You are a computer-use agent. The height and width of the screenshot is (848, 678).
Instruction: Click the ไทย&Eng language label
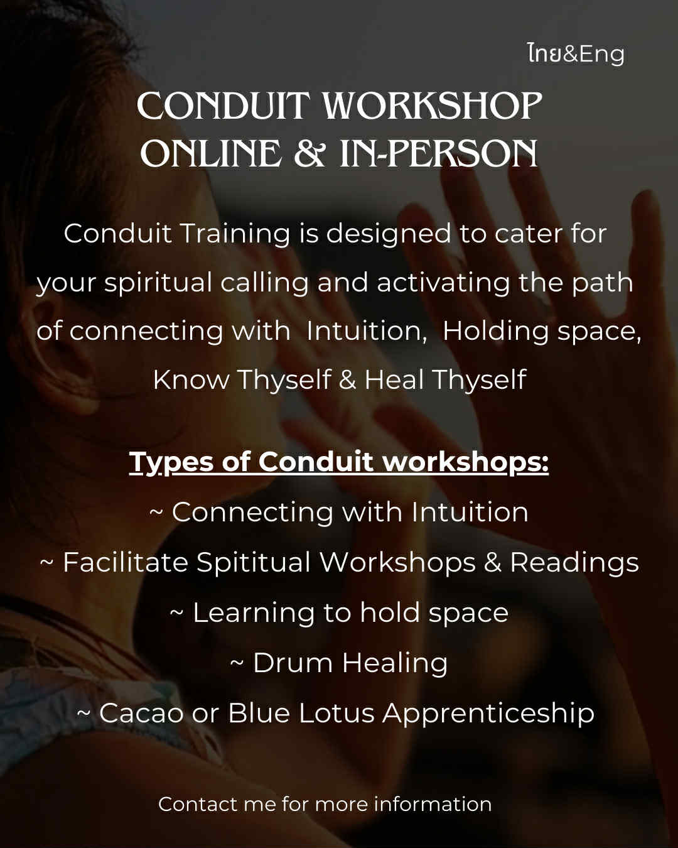click(576, 55)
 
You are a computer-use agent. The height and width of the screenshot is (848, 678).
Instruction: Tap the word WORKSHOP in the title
click(432, 106)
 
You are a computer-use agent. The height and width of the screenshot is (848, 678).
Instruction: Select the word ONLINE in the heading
click(210, 153)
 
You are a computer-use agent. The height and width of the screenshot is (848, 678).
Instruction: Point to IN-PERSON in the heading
click(438, 153)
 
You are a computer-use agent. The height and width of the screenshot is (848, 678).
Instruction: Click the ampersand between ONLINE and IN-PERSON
click(310, 153)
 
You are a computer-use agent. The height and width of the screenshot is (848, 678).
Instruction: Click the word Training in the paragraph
click(235, 234)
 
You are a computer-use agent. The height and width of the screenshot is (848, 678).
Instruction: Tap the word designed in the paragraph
click(389, 234)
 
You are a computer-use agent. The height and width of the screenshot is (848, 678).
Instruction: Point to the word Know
click(191, 379)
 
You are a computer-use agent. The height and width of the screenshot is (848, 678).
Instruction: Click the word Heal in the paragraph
click(394, 379)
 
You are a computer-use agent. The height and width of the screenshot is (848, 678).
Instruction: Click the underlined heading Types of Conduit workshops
click(339, 462)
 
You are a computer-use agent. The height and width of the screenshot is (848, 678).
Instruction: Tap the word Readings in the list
click(574, 562)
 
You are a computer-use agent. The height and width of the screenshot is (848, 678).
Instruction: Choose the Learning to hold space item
click(339, 612)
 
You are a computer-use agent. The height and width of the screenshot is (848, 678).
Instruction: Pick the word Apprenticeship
click(488, 714)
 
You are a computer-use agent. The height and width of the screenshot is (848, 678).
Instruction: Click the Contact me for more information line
click(325, 804)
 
